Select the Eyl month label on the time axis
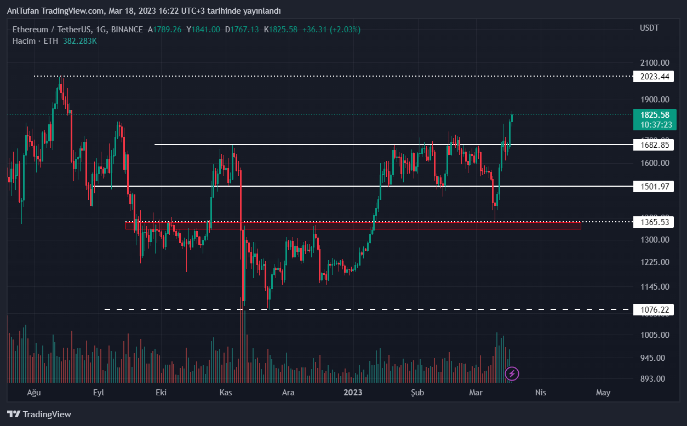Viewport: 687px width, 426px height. [99, 393]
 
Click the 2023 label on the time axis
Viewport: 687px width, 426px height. [353, 393]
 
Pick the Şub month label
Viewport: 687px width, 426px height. [417, 393]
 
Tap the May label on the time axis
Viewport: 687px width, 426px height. [603, 393]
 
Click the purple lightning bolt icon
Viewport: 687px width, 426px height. [512, 374]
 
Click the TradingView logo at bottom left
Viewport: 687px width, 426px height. [39, 415]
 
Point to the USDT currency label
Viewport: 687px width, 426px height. [649, 28]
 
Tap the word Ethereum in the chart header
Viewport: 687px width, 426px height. [30, 29]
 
